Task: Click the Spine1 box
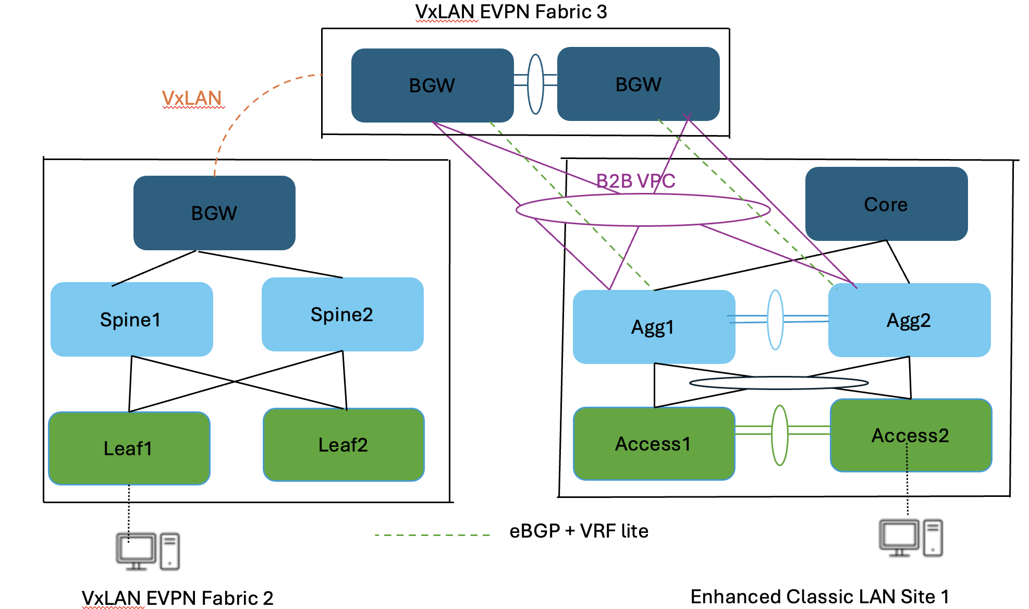coord(131,319)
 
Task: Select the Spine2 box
coord(342,314)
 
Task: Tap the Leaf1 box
coord(129,448)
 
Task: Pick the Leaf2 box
coord(343,445)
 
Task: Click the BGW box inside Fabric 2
coord(214,213)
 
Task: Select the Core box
coord(886,204)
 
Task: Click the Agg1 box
coord(653,327)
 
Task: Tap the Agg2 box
coord(909,320)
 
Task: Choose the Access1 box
coord(653,444)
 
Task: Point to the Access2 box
coord(910,435)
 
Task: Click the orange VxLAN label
coord(192,98)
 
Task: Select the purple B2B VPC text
coord(635,181)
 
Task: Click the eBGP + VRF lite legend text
coord(579,531)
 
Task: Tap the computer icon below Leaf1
coord(148,551)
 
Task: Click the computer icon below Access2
coord(910,538)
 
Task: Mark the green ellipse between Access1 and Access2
coord(779,435)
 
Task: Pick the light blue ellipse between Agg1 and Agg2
coord(775,320)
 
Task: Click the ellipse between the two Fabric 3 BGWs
coord(535,84)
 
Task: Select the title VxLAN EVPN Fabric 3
coord(511,11)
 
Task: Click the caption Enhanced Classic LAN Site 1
coord(819,596)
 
